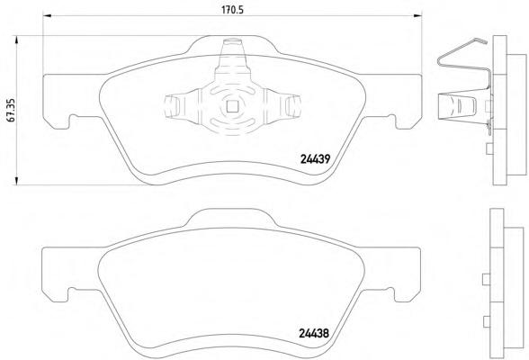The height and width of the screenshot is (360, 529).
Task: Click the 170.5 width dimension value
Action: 232,10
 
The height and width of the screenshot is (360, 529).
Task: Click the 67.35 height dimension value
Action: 11,111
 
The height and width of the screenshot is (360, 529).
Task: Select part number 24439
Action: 315,159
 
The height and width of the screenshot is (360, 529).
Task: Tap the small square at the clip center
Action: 232,106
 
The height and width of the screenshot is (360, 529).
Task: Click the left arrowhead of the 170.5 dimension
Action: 47,15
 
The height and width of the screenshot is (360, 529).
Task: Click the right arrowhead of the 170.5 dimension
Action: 418,15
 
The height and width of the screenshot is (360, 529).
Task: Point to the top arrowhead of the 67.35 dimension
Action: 16,40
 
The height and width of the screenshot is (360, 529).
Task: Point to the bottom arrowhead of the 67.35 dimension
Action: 16,181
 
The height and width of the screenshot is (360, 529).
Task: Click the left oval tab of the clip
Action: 171,106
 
